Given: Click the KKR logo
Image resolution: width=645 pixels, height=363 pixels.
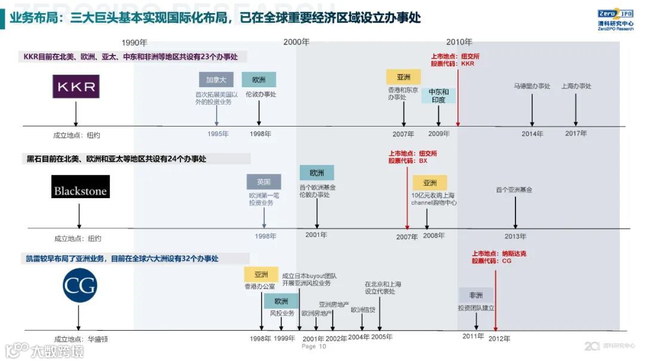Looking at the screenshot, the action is coord(76,87).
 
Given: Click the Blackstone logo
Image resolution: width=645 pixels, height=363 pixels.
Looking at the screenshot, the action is coord(81,187).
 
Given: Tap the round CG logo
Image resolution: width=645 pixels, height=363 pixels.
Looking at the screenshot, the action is coord(79,286).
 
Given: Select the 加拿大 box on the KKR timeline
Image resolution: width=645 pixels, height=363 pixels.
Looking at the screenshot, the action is coord(216,80).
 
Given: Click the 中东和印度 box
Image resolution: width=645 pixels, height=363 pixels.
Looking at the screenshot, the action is coord(438,96).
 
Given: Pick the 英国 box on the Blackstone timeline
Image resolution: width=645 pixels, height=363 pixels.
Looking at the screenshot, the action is coord(263,182).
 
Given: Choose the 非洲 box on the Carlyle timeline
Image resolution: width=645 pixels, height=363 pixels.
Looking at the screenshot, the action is coord(476,295).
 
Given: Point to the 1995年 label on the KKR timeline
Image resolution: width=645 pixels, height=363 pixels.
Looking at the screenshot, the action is coord(218,134).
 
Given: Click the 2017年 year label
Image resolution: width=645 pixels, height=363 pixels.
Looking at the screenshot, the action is coord(576,134).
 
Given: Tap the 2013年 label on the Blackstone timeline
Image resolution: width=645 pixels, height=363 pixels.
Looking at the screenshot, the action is coord(515,236).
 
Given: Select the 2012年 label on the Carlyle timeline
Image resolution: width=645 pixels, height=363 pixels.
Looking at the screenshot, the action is coord(499,339).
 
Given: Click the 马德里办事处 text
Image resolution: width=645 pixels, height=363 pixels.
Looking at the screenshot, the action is coord(532,86).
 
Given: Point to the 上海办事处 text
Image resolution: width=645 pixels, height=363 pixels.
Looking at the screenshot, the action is coord(576,86).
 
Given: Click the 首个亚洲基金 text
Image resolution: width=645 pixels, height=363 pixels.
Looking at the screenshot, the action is coord(514,190).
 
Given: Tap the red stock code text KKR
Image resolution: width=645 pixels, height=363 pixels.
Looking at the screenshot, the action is coord(467,63).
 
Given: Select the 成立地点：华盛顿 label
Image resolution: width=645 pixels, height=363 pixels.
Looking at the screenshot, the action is coord(81,339).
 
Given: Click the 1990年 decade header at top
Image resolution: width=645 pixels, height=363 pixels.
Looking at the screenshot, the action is coord(134,42).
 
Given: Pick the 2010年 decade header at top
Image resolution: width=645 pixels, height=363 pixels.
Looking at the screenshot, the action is coord(459,42).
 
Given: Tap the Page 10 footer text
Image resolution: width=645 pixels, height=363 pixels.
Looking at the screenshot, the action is coord(314,346).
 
